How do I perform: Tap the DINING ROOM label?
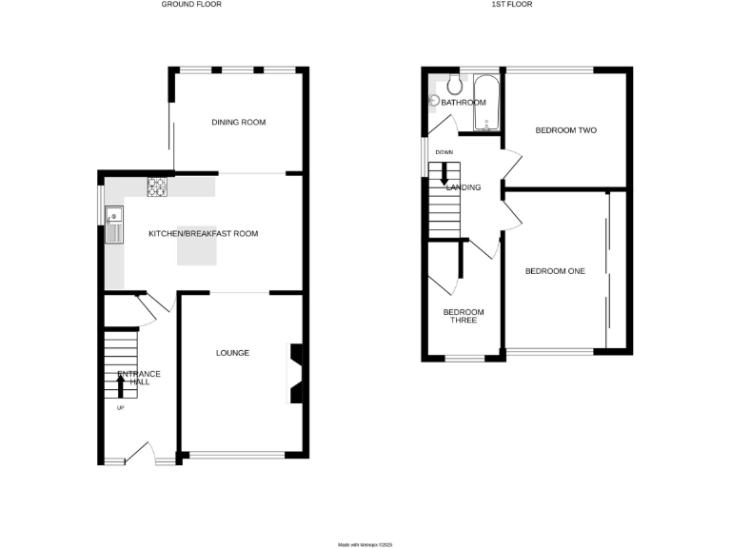[238, 123]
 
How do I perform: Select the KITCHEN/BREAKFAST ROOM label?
[203, 233]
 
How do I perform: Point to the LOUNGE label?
[232, 353]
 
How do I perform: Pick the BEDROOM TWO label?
[565, 130]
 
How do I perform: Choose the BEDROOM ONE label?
[555, 271]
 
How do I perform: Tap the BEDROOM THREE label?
[464, 317]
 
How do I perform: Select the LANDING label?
[464, 187]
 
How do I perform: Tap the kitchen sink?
[114, 223]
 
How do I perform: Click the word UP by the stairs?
[120, 408]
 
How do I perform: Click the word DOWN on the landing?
[444, 152]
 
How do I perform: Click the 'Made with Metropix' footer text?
[365, 544]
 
